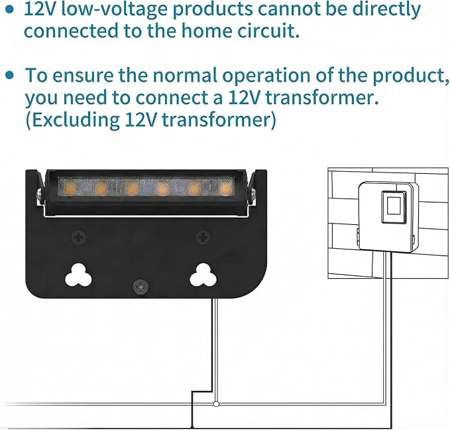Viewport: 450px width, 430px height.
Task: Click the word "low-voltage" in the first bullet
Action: pyautogui.click(x=113, y=9)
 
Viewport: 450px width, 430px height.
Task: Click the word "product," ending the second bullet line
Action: pyautogui.click(x=411, y=76)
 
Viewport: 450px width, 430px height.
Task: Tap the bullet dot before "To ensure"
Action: pyautogui.click(x=10, y=75)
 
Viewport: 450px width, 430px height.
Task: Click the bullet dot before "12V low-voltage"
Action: pyautogui.click(x=10, y=10)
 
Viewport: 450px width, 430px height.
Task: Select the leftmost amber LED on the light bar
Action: pyautogui.click(x=70, y=188)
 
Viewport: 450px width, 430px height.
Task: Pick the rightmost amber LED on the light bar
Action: pyautogui.click(x=225, y=188)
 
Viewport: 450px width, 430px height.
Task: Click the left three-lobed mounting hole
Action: pyautogui.click(x=78, y=275)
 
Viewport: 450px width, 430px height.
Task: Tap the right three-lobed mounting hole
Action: pyautogui.click(x=203, y=275)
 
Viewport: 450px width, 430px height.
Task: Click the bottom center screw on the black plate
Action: pyautogui.click(x=141, y=287)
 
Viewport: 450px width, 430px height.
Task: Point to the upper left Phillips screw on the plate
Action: pyautogui.click(x=78, y=238)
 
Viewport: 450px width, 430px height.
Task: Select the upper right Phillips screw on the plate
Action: pyautogui.click(x=203, y=238)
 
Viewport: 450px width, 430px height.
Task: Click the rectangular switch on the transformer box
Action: pyautogui.click(x=394, y=206)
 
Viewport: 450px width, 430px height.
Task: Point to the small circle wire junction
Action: pyautogui.click(x=217, y=404)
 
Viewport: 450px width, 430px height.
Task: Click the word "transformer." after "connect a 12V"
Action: pyautogui.click(x=322, y=98)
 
